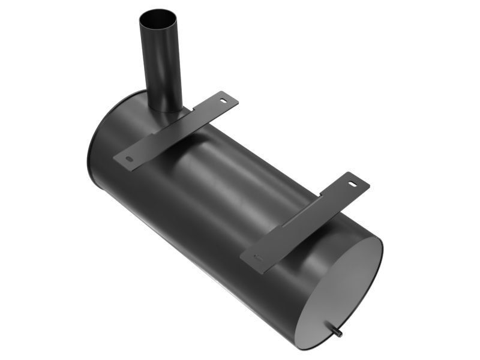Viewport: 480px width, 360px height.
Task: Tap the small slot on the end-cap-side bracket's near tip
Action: [259, 257]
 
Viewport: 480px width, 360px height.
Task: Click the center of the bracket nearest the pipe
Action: [176, 130]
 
